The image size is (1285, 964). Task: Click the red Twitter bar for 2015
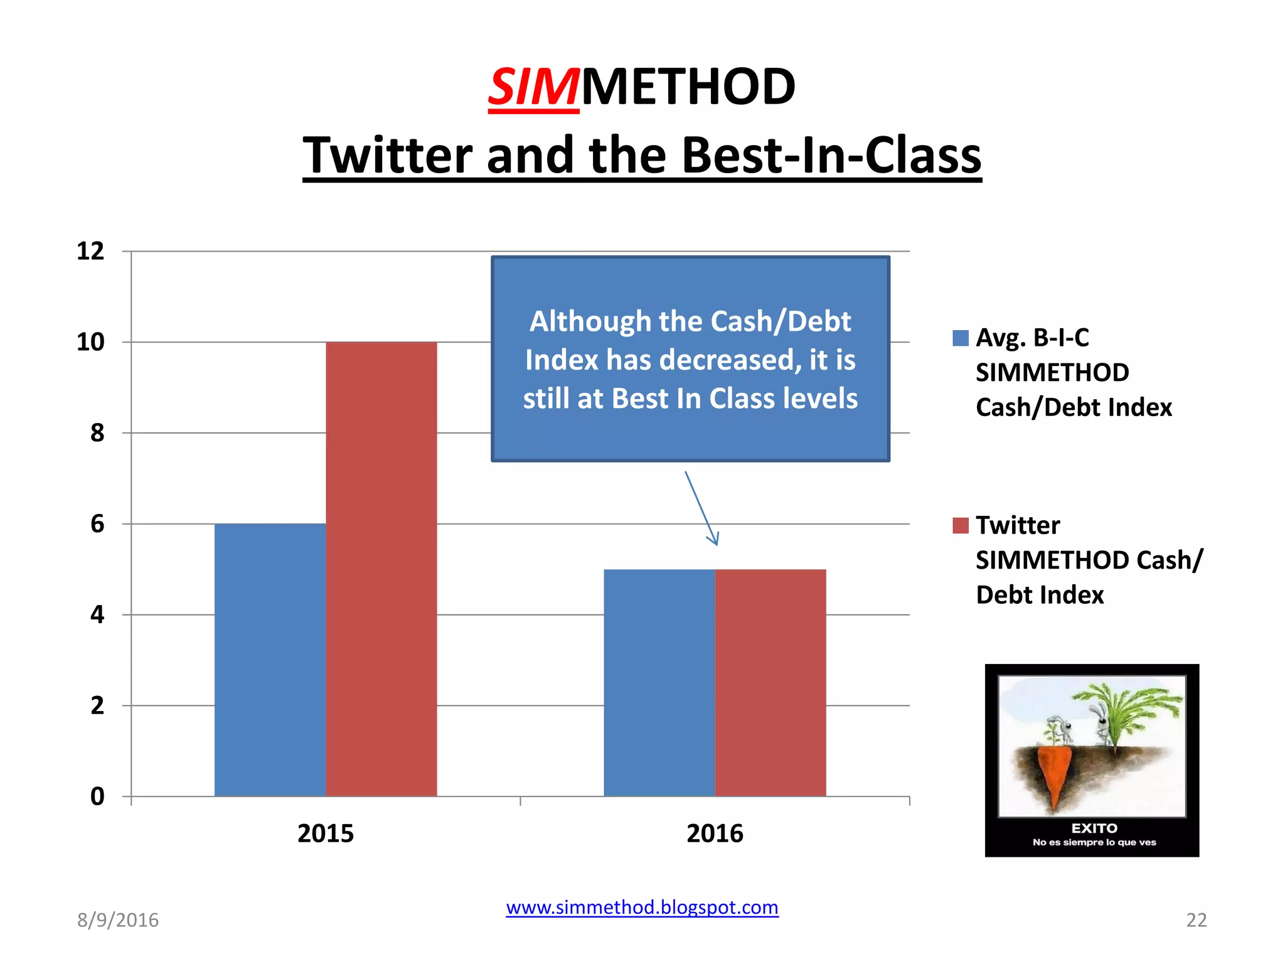point(381,568)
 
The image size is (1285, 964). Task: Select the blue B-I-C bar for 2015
point(270,659)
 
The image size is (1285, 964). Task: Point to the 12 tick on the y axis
point(90,251)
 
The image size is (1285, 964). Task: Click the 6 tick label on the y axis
point(97,523)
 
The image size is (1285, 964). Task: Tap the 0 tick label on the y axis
point(97,796)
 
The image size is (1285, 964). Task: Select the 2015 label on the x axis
point(325,833)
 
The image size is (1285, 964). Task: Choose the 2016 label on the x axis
point(715,833)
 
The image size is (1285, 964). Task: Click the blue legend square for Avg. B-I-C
point(960,338)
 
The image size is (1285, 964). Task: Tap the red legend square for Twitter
point(960,525)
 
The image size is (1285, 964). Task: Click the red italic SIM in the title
point(533,87)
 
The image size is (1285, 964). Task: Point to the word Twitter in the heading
point(387,155)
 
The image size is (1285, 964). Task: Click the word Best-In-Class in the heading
point(831,155)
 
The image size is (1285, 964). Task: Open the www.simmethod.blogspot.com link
point(642,907)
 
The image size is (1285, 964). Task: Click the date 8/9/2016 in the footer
point(118,920)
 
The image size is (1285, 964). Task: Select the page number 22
point(1196,920)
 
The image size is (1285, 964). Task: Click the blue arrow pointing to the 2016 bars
point(701,508)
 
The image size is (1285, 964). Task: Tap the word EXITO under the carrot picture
point(1094,828)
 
